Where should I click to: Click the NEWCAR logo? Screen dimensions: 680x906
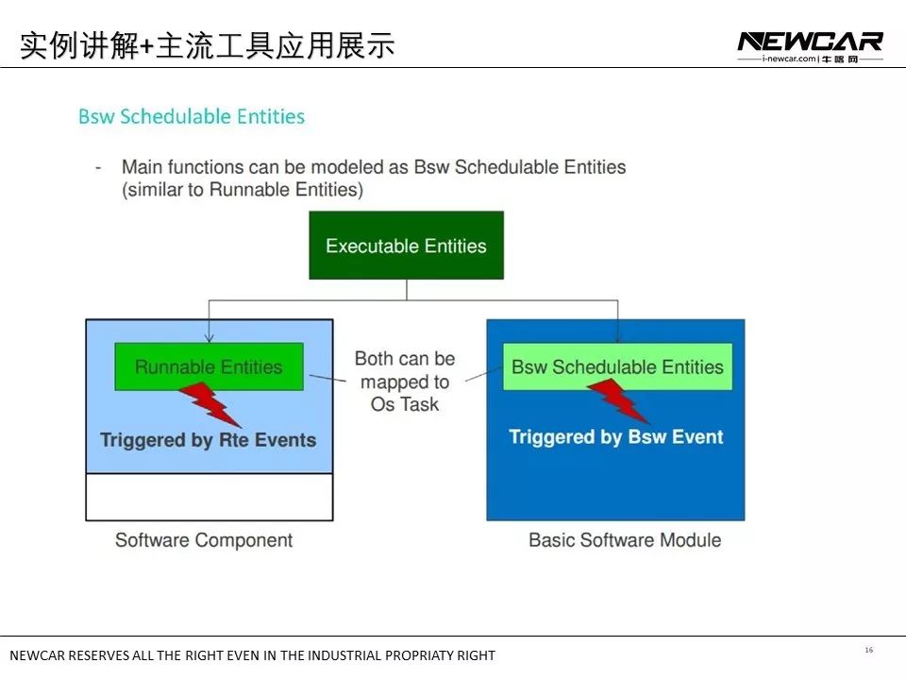(x=810, y=42)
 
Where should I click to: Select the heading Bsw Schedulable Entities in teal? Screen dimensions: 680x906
(x=192, y=117)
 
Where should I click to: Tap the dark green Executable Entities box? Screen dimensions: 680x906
(x=406, y=246)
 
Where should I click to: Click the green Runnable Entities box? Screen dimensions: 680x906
(x=209, y=366)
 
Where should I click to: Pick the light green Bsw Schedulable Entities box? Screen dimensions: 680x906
(x=617, y=366)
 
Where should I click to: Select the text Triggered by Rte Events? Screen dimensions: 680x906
(x=208, y=440)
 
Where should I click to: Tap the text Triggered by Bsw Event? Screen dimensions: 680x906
(x=615, y=437)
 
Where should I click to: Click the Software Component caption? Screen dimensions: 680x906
(x=204, y=540)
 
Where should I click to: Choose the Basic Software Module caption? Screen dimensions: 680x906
(x=624, y=540)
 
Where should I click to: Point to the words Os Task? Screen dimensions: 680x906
(x=405, y=404)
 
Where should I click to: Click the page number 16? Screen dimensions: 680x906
(x=868, y=650)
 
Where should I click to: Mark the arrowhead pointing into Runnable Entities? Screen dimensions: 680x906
(x=209, y=337)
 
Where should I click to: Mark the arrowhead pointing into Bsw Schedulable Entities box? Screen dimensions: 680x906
(x=617, y=337)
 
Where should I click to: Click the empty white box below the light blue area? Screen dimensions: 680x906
(x=209, y=497)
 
